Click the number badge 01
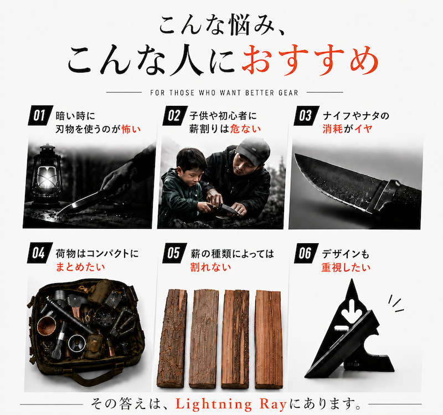coord(40,115)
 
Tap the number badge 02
coord(175,115)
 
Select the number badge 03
coord(306,115)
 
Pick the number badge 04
coord(40,253)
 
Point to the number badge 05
coord(174,253)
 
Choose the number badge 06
coord(306,253)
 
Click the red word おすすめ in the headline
coord(310,61)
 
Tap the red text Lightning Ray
coord(231,404)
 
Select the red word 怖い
coord(131,129)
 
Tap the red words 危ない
coord(245,129)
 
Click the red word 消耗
coord(333,129)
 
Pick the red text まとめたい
coord(80,267)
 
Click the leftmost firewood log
coord(172,338)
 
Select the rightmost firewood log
coord(269,339)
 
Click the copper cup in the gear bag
coord(47,326)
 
